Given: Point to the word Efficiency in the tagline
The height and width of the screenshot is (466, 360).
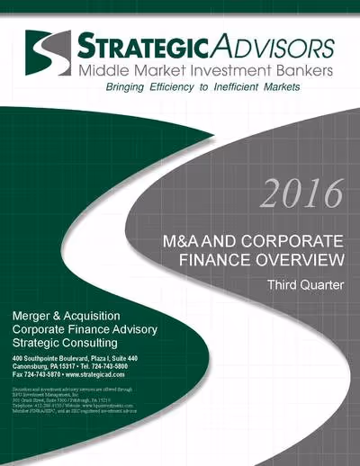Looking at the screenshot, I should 166,87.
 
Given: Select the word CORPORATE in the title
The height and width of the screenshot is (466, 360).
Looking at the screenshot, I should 296,243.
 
